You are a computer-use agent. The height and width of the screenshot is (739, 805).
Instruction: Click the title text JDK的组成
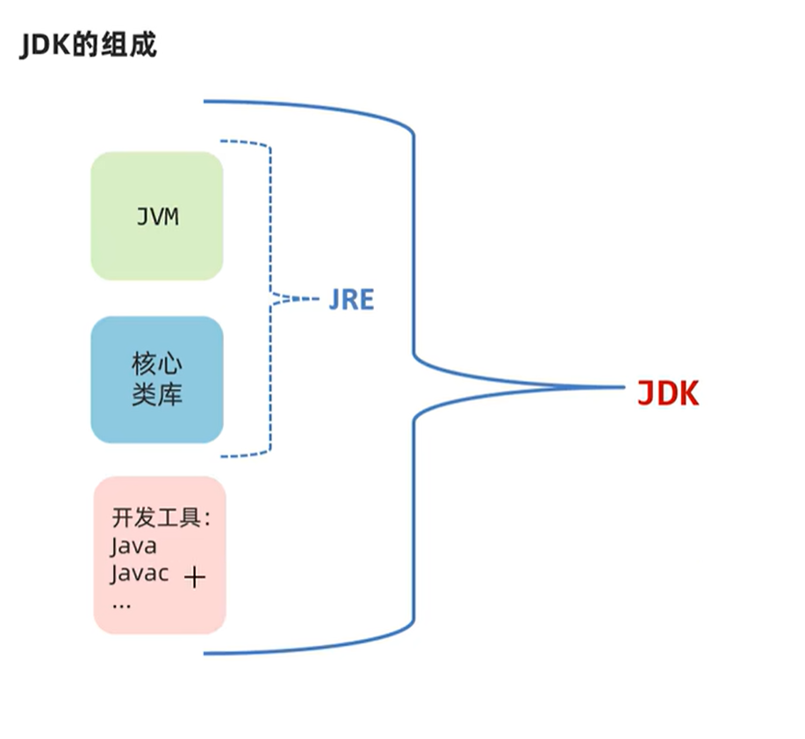(88, 45)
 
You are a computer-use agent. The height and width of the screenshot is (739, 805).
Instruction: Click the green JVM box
(157, 216)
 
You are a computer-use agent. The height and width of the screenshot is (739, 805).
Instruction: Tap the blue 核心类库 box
(157, 379)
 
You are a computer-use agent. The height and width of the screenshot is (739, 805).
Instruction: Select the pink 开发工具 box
(160, 555)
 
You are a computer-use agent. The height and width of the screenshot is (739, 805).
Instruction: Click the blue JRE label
(351, 300)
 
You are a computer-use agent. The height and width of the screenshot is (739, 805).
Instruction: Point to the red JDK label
(668, 394)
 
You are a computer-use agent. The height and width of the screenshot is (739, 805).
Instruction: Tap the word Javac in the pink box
(140, 575)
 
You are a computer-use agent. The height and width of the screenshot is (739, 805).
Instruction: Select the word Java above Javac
(133, 546)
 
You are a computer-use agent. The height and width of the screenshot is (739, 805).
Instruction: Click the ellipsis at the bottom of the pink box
(121, 605)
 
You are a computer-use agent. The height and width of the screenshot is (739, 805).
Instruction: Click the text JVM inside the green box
(157, 216)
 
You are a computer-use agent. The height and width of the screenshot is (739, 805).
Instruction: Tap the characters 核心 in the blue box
(157, 364)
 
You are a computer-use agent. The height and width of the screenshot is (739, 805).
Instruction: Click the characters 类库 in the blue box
(157, 395)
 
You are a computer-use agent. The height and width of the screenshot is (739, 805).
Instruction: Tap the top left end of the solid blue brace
(205, 102)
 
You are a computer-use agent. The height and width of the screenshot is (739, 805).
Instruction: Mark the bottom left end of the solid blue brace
(205, 653)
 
